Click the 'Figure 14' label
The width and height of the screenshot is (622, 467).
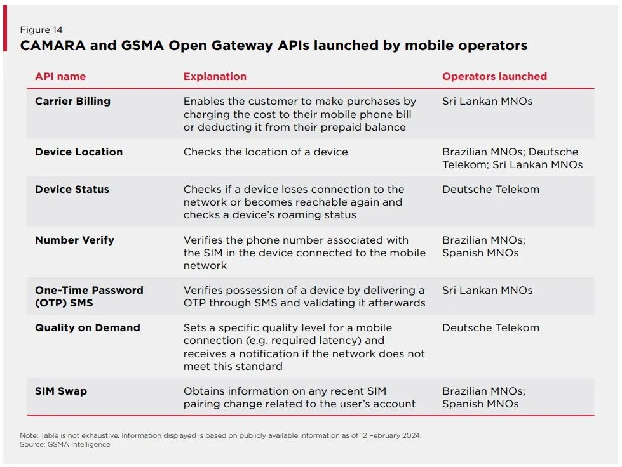tap(41, 30)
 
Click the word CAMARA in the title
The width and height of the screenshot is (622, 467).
tap(53, 46)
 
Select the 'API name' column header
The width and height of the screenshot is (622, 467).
tap(60, 76)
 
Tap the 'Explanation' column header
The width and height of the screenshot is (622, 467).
tap(215, 76)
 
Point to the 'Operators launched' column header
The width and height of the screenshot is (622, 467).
tap(494, 76)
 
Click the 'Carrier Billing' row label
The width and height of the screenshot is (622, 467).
tap(72, 102)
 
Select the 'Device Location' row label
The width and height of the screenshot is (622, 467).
tap(79, 152)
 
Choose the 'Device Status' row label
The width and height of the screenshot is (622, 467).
tap(72, 189)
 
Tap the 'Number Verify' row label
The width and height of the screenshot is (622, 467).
tap(74, 240)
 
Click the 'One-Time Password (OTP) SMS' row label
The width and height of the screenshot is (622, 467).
tap(89, 296)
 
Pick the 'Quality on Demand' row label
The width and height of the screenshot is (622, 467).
tap(88, 328)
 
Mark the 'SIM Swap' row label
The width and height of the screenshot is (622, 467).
tap(61, 391)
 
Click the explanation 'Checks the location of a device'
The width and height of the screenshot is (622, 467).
tap(266, 152)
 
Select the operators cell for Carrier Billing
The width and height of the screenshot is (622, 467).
tap(487, 102)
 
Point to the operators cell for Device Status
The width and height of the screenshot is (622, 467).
tap(490, 189)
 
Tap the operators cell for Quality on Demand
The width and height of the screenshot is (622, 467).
tap(490, 328)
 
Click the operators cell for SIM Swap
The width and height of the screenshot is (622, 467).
tap(483, 397)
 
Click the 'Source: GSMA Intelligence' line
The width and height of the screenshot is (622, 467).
tap(65, 444)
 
